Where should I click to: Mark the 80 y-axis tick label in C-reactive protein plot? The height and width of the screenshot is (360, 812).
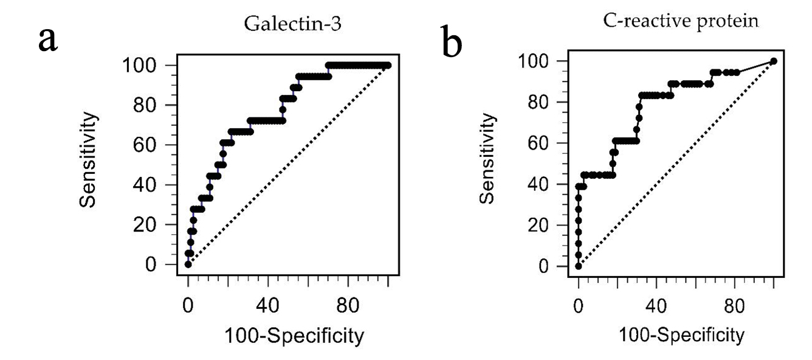541,102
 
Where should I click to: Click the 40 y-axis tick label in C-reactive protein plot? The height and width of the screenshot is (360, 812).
541,184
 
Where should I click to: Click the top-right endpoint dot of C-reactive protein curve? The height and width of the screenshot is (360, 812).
773,61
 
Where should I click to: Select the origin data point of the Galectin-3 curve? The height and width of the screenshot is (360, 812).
188,265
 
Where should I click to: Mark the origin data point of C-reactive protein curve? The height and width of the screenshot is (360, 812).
579,266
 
